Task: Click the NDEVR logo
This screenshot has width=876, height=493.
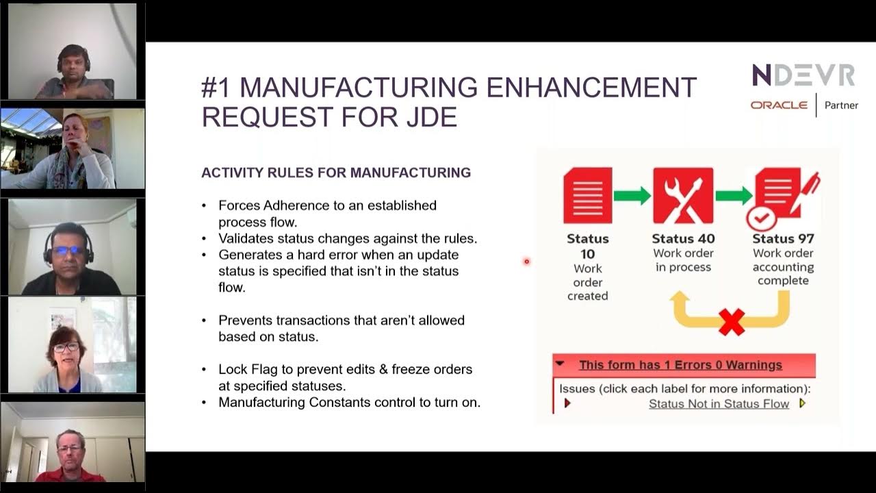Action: (803, 75)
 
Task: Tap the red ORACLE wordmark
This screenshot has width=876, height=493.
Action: (779, 105)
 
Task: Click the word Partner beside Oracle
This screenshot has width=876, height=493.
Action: (841, 105)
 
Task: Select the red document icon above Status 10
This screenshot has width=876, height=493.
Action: (587, 196)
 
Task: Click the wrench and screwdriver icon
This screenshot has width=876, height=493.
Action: (682, 196)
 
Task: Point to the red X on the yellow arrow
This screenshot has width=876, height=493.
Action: (732, 322)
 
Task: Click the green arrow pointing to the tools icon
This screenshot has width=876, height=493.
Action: (632, 196)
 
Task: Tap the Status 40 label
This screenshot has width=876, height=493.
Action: (682, 239)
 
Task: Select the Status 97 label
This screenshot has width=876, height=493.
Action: (783, 239)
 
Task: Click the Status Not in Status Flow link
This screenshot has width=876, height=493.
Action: (719, 404)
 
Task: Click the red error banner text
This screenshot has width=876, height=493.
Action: (680, 365)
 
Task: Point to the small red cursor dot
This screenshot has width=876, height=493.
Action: (526, 261)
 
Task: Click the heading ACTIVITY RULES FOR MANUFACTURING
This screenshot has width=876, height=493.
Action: (335, 173)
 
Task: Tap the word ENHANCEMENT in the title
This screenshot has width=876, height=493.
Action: (591, 88)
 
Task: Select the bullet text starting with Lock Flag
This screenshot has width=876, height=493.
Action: (345, 377)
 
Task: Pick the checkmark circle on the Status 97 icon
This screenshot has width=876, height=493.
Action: (761, 218)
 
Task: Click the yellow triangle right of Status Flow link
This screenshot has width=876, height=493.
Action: (802, 403)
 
